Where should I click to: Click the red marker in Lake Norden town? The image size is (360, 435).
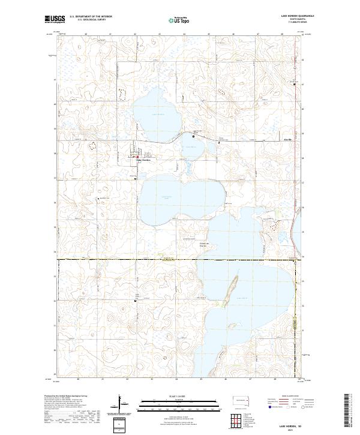137,158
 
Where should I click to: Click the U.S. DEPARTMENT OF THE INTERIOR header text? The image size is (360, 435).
91,17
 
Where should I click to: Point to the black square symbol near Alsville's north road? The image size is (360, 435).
193,137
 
